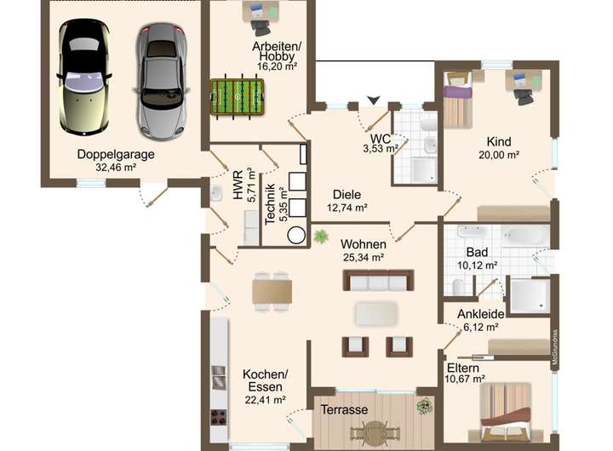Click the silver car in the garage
(162, 82)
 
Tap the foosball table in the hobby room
(237, 96)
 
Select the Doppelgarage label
(116, 154)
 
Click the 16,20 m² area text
(277, 66)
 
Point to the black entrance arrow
(374, 100)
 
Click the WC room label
(381, 139)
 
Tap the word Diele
(347, 195)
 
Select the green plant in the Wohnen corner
(321, 236)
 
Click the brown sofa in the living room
(378, 281)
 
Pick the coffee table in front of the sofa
(377, 314)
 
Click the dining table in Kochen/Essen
(272, 292)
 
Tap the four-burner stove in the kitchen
(219, 417)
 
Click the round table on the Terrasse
(375, 431)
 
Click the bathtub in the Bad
(525, 236)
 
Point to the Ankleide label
(481, 314)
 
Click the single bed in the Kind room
(458, 100)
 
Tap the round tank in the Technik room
(296, 236)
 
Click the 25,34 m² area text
(364, 258)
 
